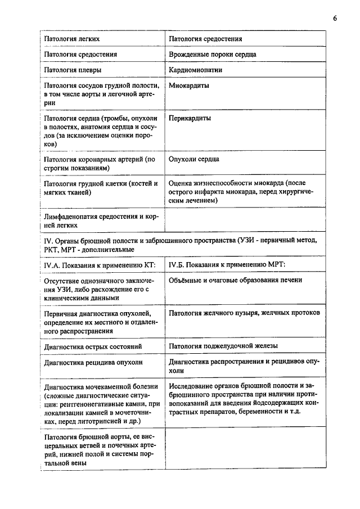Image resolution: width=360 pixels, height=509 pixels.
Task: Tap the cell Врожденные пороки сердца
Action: pyautogui.click(x=213, y=55)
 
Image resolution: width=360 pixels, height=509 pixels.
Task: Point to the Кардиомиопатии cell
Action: pyautogui.click(x=195, y=70)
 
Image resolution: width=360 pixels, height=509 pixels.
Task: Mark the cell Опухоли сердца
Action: pyautogui.click(x=194, y=159)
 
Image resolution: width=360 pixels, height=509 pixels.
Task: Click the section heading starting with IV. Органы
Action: pyautogui.click(x=180, y=245)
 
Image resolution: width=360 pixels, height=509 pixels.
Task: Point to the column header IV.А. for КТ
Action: pyautogui.click(x=99, y=264)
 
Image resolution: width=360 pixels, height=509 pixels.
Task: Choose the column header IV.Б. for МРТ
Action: pyautogui.click(x=227, y=264)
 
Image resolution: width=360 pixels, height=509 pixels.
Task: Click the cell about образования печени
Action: pyautogui.click(x=236, y=280)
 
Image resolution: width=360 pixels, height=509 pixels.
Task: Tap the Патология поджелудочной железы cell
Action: pyautogui.click(x=223, y=346)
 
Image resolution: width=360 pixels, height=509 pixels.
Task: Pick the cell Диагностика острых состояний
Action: pyautogui.click(x=93, y=346)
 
